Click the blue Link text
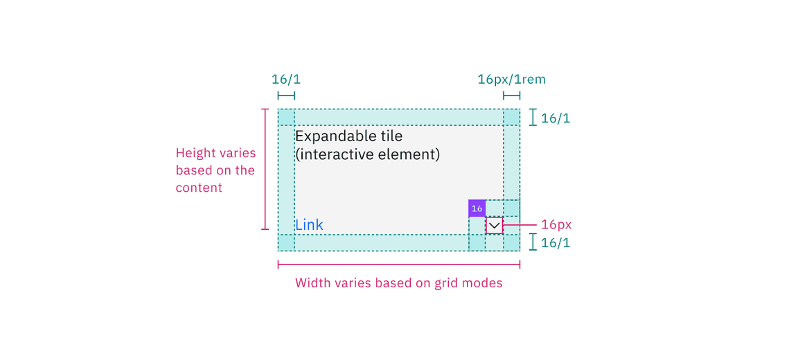tap(309, 225)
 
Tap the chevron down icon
tap(494, 226)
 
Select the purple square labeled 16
tap(477, 208)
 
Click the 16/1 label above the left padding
tap(285, 79)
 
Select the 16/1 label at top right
tap(556, 118)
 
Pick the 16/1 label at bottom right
tap(556, 243)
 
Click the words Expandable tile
tap(348, 136)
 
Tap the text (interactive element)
tap(367, 154)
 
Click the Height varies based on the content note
tap(215, 170)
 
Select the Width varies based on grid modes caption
tap(398, 282)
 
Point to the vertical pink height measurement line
tap(265, 169)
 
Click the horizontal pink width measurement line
tap(398, 264)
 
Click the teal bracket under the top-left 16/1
tap(286, 96)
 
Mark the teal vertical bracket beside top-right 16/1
tap(533, 117)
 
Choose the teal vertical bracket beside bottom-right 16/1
tap(533, 242)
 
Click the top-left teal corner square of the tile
tap(286, 117)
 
